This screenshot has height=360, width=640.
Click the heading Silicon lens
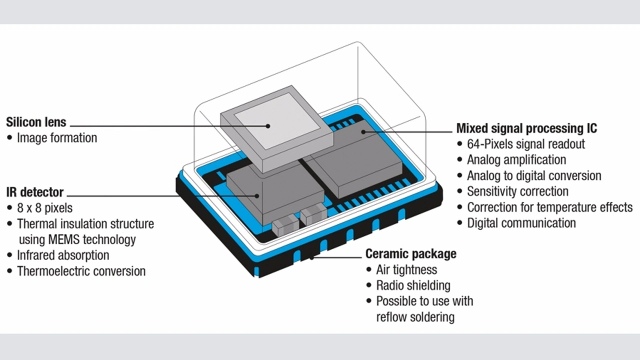click(36, 122)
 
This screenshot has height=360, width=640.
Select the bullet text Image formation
click(57, 137)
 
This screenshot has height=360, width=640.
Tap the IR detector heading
click(35, 192)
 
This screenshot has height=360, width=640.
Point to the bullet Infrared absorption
click(63, 255)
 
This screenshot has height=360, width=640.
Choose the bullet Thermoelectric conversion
click(81, 271)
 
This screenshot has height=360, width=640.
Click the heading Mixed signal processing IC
click(526, 128)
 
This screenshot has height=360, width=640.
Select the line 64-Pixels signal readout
click(525, 144)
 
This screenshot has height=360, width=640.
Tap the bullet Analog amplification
click(516, 160)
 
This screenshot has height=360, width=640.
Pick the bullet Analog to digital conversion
click(534, 176)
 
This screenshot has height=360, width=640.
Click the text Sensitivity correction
click(517, 191)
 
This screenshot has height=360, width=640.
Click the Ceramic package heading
click(410, 253)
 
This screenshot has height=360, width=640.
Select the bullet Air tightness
click(406, 270)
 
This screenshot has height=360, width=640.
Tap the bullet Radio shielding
click(413, 285)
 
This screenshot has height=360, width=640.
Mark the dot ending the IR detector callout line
click(258, 195)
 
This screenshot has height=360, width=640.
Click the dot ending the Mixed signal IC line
click(363, 131)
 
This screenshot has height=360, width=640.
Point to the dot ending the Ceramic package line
click(311, 258)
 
